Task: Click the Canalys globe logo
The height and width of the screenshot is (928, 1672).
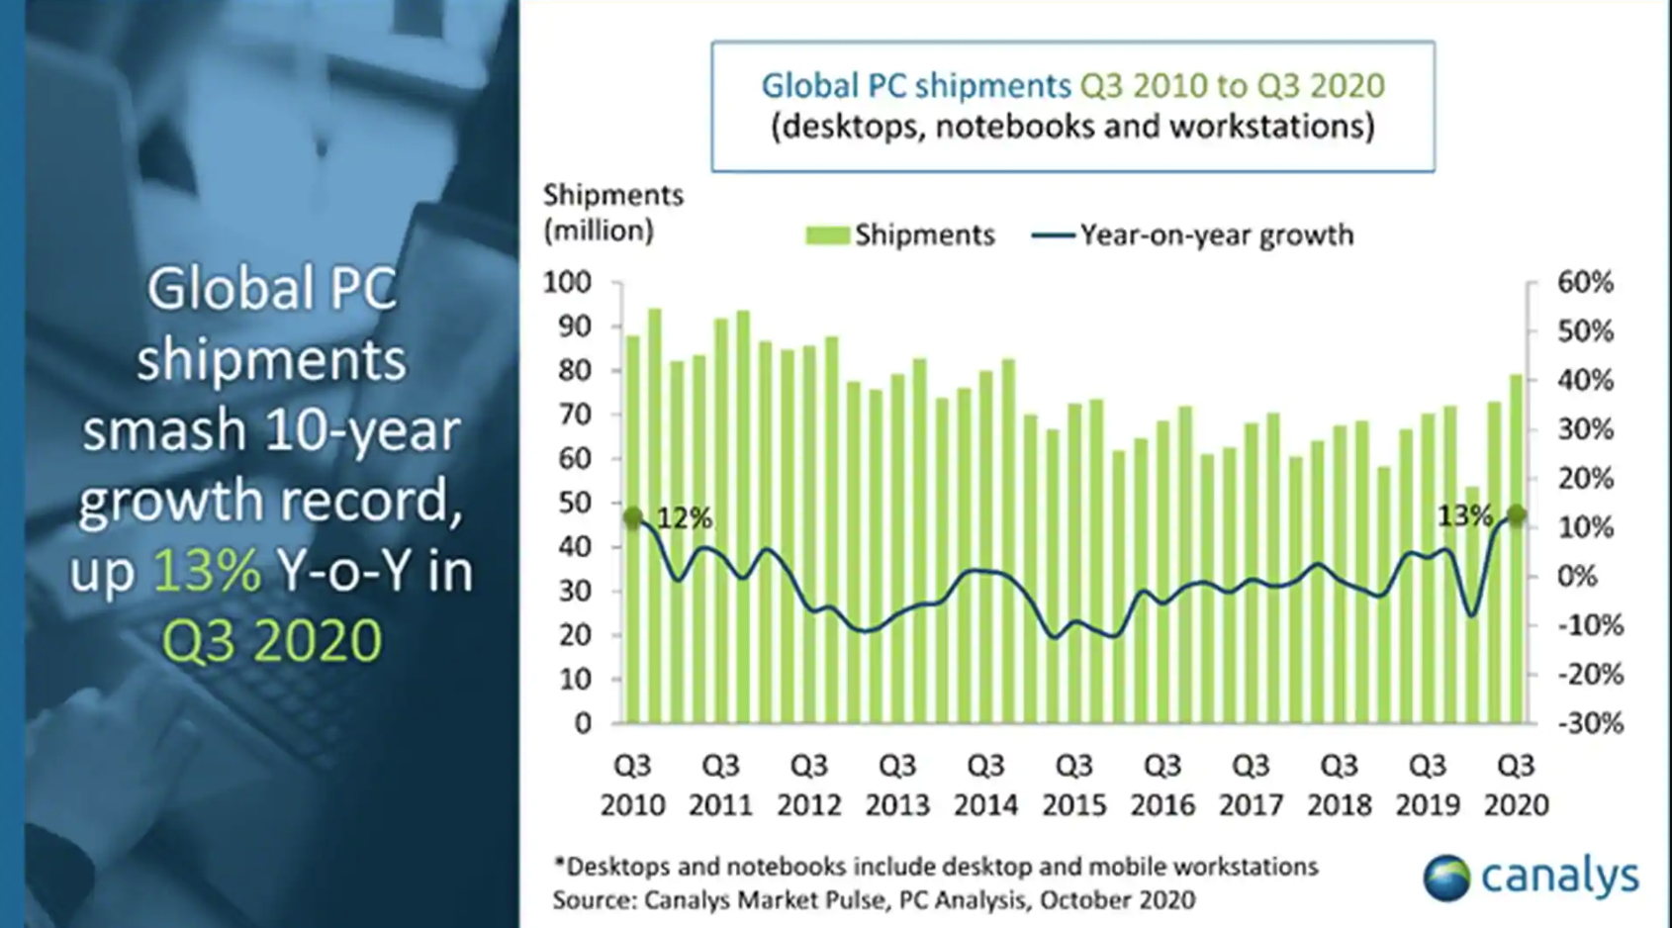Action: (1446, 878)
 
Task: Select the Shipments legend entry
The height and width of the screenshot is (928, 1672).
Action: (900, 235)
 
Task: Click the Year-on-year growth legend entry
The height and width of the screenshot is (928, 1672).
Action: (1193, 235)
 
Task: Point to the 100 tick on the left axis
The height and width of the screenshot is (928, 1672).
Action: (568, 283)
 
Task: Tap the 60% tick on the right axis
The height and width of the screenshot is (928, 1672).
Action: (1585, 283)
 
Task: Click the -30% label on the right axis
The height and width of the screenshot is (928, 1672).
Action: (1590, 723)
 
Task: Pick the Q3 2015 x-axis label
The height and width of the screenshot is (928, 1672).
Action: (1073, 785)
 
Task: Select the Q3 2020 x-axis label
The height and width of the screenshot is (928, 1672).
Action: (1515, 785)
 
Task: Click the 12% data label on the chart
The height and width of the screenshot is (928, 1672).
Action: (684, 517)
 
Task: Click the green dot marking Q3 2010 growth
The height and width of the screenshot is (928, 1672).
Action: (633, 517)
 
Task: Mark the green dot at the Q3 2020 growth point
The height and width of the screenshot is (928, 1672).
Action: (1516, 514)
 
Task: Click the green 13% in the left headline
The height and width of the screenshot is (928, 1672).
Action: (207, 571)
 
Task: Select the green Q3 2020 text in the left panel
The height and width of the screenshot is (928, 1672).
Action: (271, 640)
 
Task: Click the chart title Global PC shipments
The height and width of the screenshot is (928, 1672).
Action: (915, 86)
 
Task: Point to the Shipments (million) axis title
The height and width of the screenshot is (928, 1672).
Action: (612, 213)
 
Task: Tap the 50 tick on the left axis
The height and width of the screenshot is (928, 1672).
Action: (575, 503)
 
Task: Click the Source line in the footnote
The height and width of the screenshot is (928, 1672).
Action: (874, 900)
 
